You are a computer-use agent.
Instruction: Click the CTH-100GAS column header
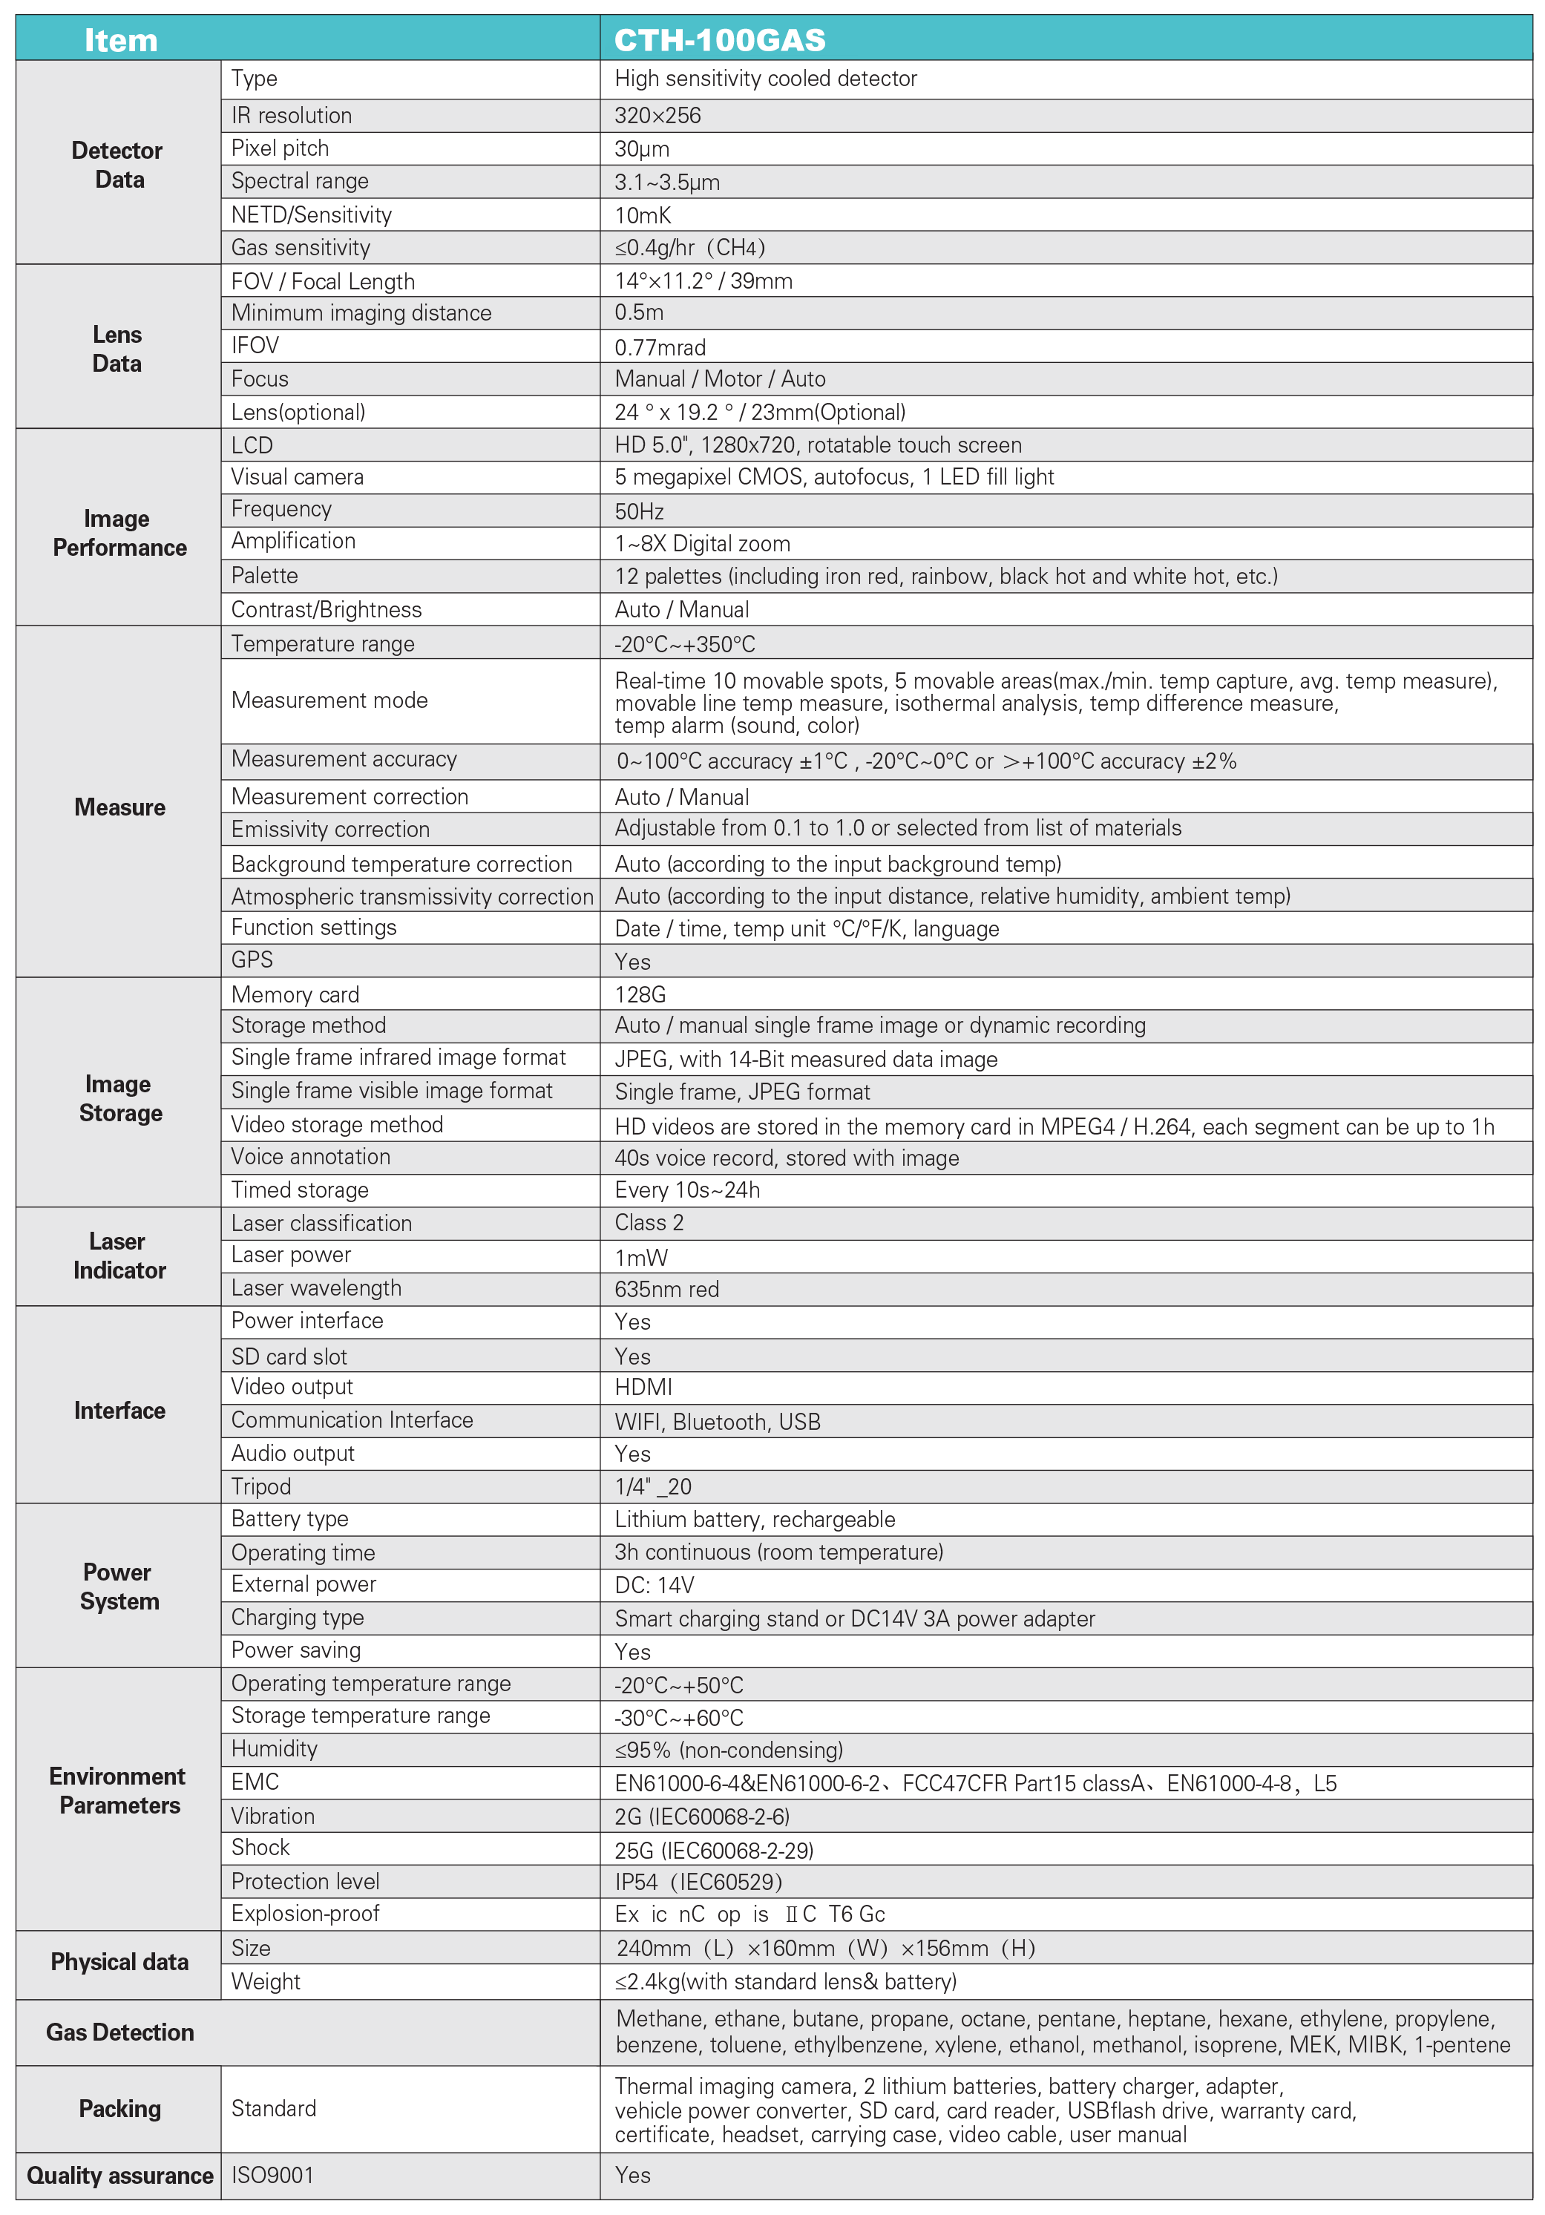(x=719, y=39)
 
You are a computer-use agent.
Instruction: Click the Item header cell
(x=121, y=39)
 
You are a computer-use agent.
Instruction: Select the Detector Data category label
(x=118, y=165)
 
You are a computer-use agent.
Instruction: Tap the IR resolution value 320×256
(x=657, y=116)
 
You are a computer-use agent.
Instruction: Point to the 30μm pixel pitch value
(x=642, y=148)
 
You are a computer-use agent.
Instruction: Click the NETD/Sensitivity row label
(x=311, y=215)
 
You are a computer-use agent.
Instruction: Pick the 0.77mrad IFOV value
(x=660, y=347)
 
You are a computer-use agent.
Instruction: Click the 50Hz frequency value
(x=639, y=511)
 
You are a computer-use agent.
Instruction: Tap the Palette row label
(x=264, y=576)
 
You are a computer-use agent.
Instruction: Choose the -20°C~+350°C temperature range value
(x=684, y=643)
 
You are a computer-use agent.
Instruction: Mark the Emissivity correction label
(x=330, y=830)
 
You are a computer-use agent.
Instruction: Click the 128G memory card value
(x=640, y=994)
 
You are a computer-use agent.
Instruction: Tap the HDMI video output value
(x=643, y=1388)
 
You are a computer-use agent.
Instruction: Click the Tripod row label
(x=260, y=1486)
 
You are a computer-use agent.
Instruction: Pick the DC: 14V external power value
(x=655, y=1585)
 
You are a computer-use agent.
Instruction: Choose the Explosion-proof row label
(x=305, y=1913)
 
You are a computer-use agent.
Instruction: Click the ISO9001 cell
(x=272, y=2176)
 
